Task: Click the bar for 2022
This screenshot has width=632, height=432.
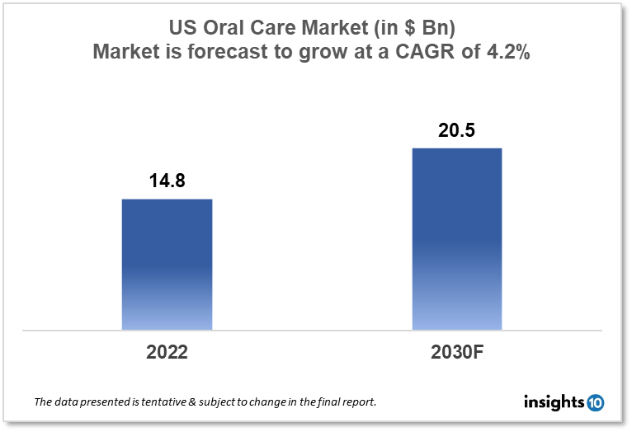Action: tap(167, 265)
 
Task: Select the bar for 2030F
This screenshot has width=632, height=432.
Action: tap(456, 239)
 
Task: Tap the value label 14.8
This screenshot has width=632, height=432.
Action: tap(167, 181)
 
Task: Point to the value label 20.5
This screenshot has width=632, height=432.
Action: tap(456, 129)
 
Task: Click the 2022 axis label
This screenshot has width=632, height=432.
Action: tap(167, 352)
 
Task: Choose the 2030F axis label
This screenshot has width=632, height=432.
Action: tap(456, 352)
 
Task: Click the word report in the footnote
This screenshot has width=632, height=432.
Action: tap(360, 403)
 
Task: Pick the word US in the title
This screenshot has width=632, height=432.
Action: tap(182, 28)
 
